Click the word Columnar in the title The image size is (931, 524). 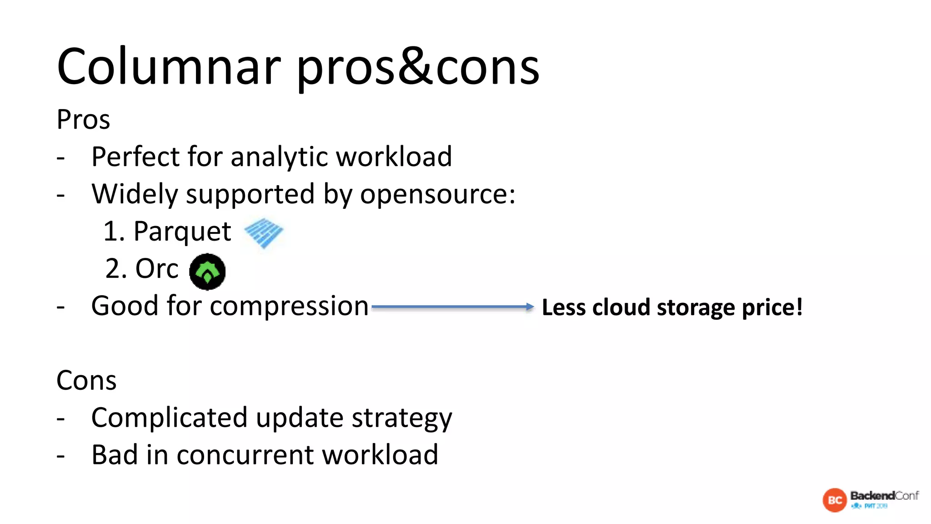(x=169, y=67)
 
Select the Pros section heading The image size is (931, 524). (x=83, y=120)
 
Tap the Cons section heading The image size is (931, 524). (x=86, y=380)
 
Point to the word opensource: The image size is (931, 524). (x=438, y=195)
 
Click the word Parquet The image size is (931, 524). (x=182, y=232)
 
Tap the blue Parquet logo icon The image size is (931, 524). (x=264, y=232)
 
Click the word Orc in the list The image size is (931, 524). (x=157, y=269)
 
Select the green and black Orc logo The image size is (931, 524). (x=207, y=272)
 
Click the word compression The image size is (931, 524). (x=289, y=306)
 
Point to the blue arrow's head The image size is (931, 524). (x=530, y=307)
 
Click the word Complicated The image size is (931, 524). (x=169, y=418)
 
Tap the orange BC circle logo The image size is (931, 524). (x=835, y=500)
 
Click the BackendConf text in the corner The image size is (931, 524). (x=884, y=495)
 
